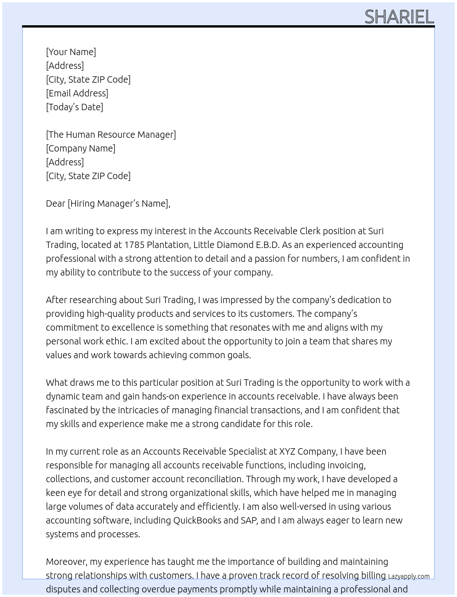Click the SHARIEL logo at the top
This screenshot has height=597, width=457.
pyautogui.click(x=399, y=17)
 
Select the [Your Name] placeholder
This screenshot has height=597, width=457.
pyautogui.click(x=71, y=52)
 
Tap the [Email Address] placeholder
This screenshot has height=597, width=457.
pyautogui.click(x=77, y=93)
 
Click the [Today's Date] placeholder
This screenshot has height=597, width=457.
pyautogui.click(x=74, y=107)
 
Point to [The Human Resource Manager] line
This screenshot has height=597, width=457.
pyautogui.click(x=111, y=135)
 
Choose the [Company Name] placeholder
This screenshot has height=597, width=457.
pyautogui.click(x=80, y=148)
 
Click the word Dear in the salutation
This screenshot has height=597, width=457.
pyautogui.click(x=56, y=203)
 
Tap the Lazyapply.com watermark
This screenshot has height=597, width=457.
pyautogui.click(x=409, y=576)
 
